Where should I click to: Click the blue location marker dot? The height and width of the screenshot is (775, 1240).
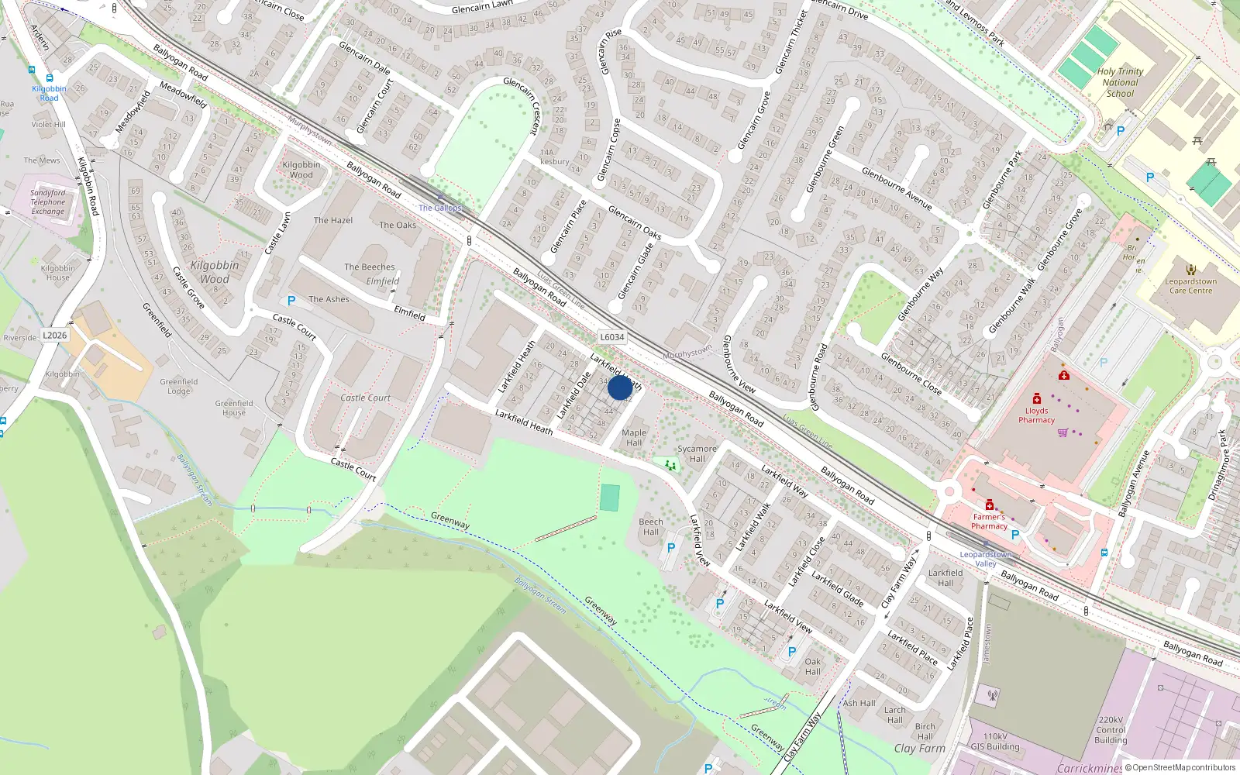(619, 387)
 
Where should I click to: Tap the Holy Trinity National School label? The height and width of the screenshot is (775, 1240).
(1120, 82)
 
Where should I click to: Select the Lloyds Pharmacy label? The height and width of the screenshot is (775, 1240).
(1036, 415)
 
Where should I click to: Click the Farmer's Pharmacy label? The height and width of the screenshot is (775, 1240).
(989, 522)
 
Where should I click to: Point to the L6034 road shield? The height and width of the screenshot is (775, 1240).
(611, 337)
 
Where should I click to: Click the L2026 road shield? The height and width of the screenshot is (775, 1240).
(54, 336)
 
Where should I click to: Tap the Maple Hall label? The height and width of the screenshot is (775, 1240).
(634, 438)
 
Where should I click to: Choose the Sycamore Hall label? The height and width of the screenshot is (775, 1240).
(697, 453)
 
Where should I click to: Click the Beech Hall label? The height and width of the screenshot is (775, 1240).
(651, 526)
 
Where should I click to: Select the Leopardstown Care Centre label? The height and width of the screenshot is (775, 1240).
(1190, 286)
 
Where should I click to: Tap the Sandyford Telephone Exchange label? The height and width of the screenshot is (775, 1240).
(48, 202)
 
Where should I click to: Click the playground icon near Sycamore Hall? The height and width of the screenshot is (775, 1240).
(670, 465)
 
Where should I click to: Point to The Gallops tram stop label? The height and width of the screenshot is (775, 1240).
(439, 208)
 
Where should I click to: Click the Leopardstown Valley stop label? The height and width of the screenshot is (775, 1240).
(985, 559)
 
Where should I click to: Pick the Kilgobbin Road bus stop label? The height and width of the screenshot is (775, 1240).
(49, 93)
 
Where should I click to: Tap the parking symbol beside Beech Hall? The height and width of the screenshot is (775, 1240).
(671, 547)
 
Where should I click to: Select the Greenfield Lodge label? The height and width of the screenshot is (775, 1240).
(179, 386)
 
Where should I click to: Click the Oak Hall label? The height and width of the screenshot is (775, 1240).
(812, 666)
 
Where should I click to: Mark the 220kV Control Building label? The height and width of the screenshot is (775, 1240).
(1111, 730)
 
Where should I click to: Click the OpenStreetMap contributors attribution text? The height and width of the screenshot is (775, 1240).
(1183, 768)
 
